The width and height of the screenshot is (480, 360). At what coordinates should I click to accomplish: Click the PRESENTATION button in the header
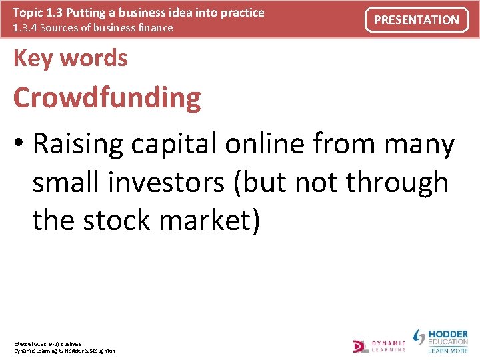(x=417, y=20)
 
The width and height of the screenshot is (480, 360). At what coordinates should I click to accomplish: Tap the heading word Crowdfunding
(x=107, y=97)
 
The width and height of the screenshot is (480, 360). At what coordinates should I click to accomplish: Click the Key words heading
(x=70, y=58)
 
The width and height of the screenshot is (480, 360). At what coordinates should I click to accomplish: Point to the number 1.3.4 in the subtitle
(x=27, y=27)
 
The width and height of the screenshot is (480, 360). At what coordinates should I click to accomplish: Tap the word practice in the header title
(x=241, y=12)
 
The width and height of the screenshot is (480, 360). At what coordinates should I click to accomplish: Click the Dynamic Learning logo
(x=379, y=345)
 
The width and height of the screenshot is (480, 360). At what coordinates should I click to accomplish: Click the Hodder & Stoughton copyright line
(x=65, y=351)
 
